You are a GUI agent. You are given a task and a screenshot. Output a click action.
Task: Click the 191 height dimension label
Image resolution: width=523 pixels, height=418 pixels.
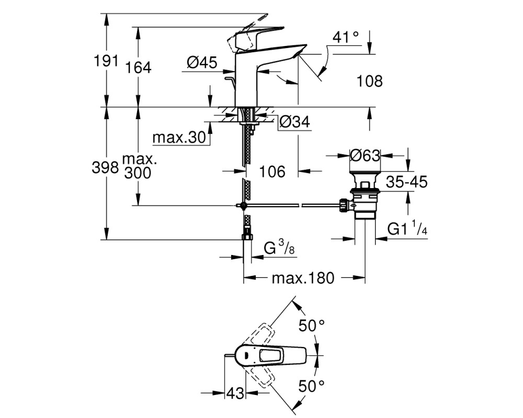106,61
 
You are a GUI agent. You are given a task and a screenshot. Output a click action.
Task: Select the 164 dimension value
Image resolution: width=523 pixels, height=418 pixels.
138,67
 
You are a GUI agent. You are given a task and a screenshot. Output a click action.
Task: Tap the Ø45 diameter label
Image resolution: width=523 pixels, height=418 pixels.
202,62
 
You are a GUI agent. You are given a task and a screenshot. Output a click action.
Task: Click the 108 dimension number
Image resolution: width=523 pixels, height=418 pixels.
370,81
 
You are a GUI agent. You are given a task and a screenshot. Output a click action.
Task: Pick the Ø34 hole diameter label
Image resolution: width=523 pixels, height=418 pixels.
294,122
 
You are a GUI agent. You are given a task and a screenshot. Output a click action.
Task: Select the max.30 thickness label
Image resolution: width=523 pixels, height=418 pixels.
179,137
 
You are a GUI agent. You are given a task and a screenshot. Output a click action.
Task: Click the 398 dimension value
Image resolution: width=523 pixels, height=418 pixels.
105,168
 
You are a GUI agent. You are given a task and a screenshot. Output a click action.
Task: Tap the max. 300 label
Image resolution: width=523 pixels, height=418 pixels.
138,166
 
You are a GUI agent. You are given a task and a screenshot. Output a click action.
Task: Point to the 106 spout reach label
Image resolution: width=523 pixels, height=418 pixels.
272,171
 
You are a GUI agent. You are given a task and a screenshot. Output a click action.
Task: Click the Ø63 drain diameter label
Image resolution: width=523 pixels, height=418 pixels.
365,155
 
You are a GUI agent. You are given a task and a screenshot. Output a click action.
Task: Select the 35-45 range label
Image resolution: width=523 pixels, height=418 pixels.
406,182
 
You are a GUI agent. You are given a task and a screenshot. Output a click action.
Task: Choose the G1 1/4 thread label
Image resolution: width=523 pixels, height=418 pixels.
407,229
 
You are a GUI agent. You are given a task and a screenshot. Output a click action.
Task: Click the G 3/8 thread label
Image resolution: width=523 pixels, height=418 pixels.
279,248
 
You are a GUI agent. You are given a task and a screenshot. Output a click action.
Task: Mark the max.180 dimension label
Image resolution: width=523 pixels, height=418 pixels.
303,277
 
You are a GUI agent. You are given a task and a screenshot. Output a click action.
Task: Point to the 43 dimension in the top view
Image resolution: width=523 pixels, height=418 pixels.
235,393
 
